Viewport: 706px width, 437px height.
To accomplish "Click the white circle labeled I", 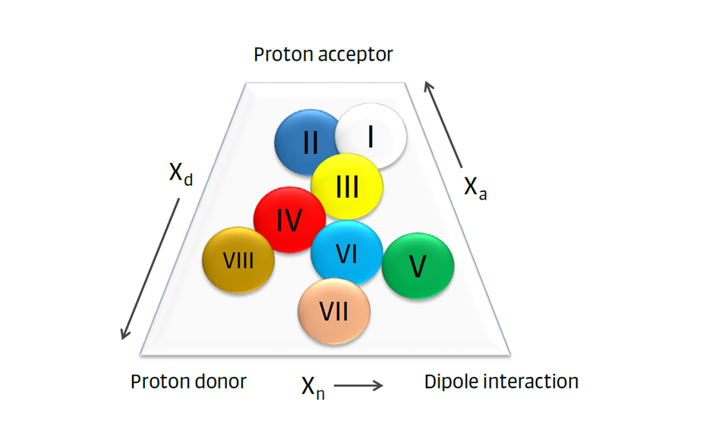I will point(372,137).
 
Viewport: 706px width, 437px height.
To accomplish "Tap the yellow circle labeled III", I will point(347,186).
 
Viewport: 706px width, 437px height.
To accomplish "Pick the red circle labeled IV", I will point(288,220).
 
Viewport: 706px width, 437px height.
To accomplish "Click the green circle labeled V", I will point(418,266).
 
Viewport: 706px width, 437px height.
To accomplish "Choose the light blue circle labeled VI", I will point(346,253).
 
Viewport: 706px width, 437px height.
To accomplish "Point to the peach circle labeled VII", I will point(334,311).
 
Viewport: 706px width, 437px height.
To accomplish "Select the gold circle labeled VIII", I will point(238,260).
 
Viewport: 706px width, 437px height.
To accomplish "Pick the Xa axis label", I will point(475,187).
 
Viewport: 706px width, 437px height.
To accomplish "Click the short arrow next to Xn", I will point(358,386).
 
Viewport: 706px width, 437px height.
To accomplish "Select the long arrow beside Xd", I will point(150,269).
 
